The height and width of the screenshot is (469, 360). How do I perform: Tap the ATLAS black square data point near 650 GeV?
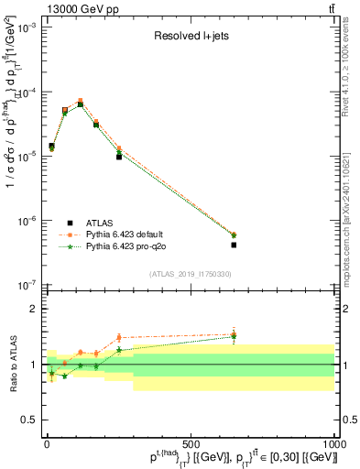[x=234, y=245]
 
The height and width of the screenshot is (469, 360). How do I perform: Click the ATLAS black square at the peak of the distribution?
[x=81, y=104]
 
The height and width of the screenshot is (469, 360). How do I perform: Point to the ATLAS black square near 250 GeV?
[x=119, y=157]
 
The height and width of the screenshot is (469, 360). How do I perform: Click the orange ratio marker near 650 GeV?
[x=234, y=334]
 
